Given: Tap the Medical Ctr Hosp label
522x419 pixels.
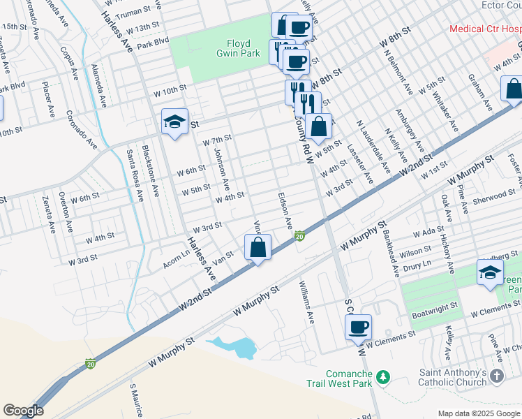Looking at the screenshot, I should point(485,29).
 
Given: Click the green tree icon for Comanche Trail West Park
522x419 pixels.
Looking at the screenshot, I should point(382,378).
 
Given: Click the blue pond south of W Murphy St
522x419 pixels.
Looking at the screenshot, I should point(237,347).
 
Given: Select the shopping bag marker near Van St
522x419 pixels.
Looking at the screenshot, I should point(258,247).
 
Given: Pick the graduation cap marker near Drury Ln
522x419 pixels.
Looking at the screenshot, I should point(490,272).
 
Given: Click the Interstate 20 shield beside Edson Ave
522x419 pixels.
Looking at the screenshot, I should point(300,237).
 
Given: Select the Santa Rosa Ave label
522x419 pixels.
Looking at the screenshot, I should point(130,175).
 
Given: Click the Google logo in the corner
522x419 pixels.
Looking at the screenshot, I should point(23,411).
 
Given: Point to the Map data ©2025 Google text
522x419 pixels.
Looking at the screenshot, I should point(477,413).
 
